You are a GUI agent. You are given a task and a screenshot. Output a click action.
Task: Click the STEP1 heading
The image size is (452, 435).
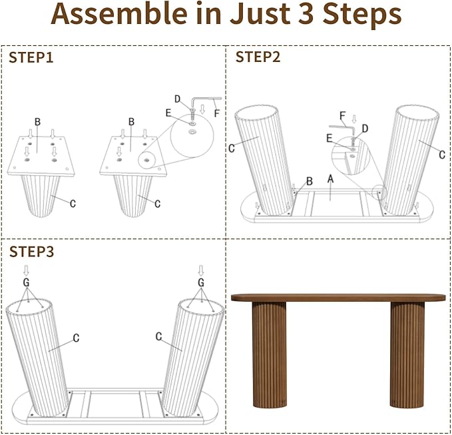point(31,57)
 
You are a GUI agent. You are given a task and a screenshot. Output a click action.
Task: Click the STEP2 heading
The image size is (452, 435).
point(258,57)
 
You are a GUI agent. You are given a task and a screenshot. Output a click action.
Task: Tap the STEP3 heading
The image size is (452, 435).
point(31,252)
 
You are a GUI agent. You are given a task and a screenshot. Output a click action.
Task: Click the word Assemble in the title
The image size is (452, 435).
point(119,14)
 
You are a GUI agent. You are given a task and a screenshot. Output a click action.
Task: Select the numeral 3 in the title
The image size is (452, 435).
point(306,14)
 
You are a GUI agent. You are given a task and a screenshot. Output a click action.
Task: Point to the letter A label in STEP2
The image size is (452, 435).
point(331,179)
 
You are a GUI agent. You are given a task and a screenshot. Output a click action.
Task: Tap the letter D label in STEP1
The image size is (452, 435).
point(177,99)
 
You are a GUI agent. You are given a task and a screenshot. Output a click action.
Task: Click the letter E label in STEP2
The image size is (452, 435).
point(330,138)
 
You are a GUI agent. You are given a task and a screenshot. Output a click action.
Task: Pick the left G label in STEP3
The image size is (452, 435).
point(26,282)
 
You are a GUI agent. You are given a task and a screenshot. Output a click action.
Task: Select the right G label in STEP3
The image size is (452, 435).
point(201,282)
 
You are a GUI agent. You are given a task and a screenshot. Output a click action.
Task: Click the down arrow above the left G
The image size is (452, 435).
point(26,270)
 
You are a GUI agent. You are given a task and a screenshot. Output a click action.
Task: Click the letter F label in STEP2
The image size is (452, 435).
point(342,116)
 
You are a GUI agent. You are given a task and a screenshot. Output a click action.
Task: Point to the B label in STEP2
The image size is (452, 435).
point(310,181)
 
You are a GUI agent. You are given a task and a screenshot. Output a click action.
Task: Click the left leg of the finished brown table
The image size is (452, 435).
point(269,354)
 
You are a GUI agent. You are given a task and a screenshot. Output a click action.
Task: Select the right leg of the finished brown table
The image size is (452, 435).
point(407,354)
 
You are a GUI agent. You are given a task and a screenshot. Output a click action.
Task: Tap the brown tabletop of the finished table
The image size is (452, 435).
point(338,298)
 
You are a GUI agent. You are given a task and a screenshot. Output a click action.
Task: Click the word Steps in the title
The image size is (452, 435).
point(362,15)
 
